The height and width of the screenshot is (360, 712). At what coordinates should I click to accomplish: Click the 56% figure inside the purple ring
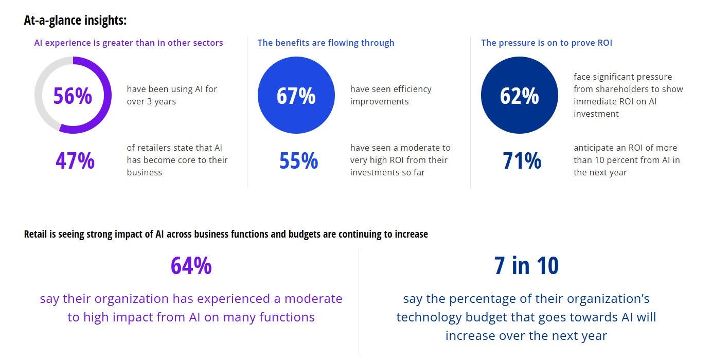tap(73, 96)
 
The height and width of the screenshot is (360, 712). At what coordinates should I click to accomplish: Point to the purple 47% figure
tap(75, 160)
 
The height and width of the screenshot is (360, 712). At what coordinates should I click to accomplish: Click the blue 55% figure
tap(298, 160)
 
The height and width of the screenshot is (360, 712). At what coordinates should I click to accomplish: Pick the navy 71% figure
tap(522, 160)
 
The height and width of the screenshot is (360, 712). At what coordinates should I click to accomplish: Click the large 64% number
tap(191, 265)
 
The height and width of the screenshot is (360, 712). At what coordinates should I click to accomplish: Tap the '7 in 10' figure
tap(526, 265)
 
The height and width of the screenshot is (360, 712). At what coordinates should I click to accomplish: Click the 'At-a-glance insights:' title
tap(75, 21)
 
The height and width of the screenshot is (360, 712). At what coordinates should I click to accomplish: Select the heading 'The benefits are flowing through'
tap(326, 43)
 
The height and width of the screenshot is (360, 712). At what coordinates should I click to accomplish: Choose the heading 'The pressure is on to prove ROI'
tap(546, 43)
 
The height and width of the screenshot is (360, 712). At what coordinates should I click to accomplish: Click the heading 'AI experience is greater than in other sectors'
tap(129, 43)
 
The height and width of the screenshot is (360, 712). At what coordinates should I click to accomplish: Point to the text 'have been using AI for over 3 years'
tap(172, 95)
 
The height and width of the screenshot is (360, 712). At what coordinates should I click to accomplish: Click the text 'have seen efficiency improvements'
tap(390, 95)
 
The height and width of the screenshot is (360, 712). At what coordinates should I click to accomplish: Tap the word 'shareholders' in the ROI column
tap(621, 89)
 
